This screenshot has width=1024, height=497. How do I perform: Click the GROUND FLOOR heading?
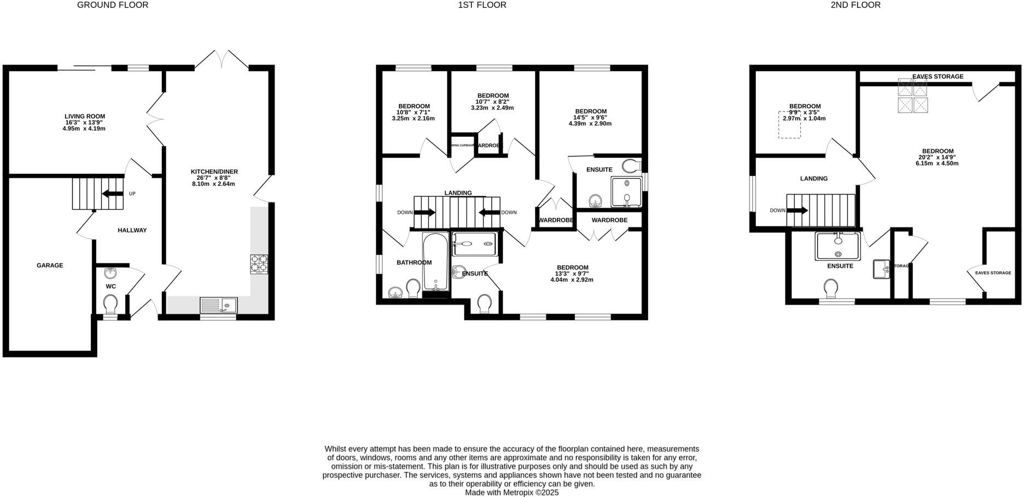coord(113,5)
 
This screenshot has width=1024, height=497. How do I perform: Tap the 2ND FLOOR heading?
coord(856,5)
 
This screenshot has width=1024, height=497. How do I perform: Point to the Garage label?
coord(50,265)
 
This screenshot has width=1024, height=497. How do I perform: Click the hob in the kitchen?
coord(259,265)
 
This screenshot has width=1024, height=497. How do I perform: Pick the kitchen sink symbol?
coord(218,305)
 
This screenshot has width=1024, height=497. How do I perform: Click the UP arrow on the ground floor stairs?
coord(113,194)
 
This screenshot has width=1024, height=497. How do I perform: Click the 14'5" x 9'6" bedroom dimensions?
coord(590,120)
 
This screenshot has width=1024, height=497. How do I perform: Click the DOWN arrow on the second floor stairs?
coord(798,211)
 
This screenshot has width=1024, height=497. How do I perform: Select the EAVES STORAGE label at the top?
coord(938,77)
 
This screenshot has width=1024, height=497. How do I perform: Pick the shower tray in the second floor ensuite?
coord(837,246)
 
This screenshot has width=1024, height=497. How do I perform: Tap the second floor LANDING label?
coord(813,179)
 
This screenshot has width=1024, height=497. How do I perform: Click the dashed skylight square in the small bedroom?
coord(789,125)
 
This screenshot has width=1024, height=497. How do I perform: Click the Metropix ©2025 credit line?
coord(511,493)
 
